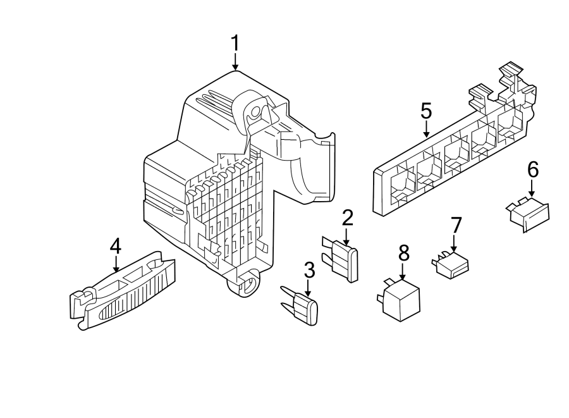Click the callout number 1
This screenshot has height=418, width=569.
[x=235, y=44]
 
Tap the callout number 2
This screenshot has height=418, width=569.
[x=347, y=218]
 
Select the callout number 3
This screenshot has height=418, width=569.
[x=309, y=270]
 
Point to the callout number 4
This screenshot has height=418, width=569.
[x=115, y=245]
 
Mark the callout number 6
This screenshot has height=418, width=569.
[x=532, y=169]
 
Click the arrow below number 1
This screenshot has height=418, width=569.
[x=235, y=63]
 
